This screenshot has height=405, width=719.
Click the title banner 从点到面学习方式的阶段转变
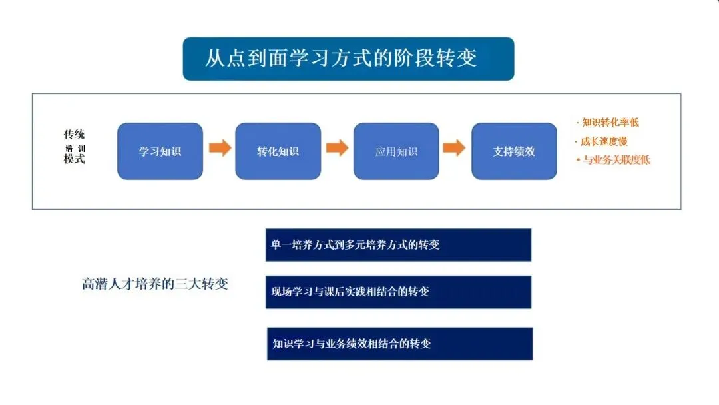(348, 59)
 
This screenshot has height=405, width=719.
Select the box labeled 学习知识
(160, 151)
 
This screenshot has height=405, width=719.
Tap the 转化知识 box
(278, 151)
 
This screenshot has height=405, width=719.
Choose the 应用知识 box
(396, 151)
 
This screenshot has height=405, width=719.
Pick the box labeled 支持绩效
(514, 151)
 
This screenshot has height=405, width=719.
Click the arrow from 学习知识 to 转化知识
(220, 148)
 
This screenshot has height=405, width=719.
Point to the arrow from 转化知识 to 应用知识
(338, 148)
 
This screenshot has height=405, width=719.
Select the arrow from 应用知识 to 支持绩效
(454, 148)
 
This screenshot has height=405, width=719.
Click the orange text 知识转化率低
(610, 123)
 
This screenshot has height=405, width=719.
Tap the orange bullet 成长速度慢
(604, 141)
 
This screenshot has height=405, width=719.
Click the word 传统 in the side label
(75, 134)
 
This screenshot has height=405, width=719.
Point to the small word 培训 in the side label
(75, 148)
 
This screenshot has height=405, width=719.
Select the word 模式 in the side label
(75, 160)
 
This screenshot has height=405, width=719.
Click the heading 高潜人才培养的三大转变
(154, 284)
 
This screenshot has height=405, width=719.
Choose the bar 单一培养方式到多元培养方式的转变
(398, 244)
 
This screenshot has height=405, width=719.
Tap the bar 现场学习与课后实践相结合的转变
(398, 292)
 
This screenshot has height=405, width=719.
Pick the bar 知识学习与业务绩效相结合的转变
(399, 344)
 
